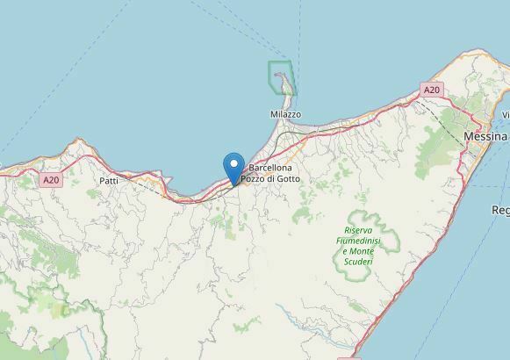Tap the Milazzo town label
pos(285,115)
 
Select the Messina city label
pos(485,138)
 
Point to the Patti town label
pos(109,181)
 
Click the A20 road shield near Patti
pos(51,179)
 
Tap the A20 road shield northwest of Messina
pos(430,90)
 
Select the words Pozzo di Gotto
pos(269,179)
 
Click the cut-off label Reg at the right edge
pos(500,211)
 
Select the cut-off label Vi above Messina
pos(505,115)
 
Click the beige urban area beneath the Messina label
pos(478,158)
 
